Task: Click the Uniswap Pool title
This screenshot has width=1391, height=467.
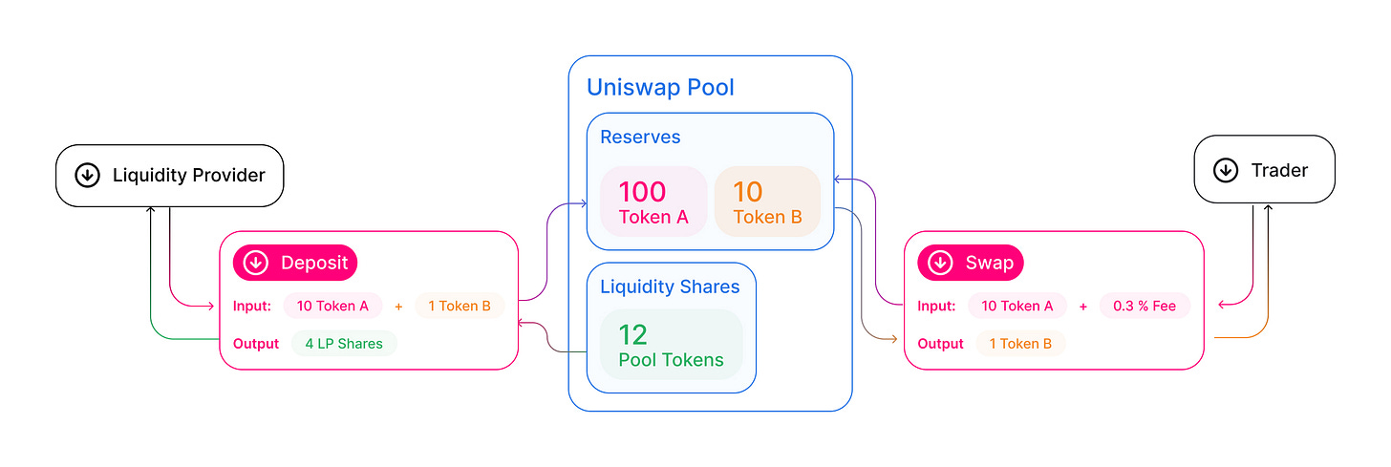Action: click(660, 88)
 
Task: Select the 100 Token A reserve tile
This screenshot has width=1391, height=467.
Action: click(653, 202)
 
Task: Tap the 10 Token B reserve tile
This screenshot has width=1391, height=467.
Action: click(767, 202)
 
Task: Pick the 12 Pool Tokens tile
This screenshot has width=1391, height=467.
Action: click(671, 345)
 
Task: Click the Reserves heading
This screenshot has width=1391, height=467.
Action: click(640, 138)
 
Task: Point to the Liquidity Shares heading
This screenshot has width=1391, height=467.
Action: click(670, 287)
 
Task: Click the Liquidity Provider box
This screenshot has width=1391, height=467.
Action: click(170, 176)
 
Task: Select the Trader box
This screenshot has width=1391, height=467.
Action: click(1264, 171)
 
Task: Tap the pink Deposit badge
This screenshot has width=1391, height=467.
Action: click(295, 263)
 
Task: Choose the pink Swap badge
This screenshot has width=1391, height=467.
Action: click(971, 263)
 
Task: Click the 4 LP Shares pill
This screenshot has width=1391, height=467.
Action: click(344, 344)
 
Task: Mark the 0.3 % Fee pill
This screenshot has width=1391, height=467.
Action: click(1145, 306)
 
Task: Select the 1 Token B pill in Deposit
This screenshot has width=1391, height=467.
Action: click(459, 306)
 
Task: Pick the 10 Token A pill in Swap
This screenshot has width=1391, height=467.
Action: click(1016, 306)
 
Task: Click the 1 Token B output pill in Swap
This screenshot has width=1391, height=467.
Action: click(1020, 344)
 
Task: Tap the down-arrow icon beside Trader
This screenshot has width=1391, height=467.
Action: click(1225, 171)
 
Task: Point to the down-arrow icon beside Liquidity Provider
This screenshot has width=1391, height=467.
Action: click(87, 176)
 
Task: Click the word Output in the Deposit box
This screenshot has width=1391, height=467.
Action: click(256, 344)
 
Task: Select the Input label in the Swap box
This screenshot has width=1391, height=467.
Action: click(936, 306)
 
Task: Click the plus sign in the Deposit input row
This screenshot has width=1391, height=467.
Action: click(398, 306)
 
